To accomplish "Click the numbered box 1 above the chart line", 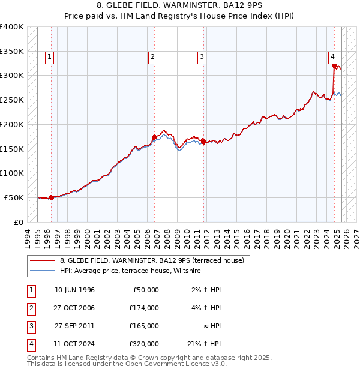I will click(49, 57).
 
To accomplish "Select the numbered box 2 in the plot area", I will click(153, 57).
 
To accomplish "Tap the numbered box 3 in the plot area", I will click(202, 57).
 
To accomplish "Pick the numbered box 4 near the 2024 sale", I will click(332, 57).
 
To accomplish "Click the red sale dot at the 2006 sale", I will click(154, 137).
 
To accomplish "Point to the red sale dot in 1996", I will click(51, 197).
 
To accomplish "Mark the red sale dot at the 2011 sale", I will click(203, 142).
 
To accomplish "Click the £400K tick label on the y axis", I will click(12, 27).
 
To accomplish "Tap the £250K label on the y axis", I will click(12, 100).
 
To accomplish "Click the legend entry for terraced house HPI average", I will click(130, 271).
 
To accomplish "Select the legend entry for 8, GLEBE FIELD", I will click(152, 260).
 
